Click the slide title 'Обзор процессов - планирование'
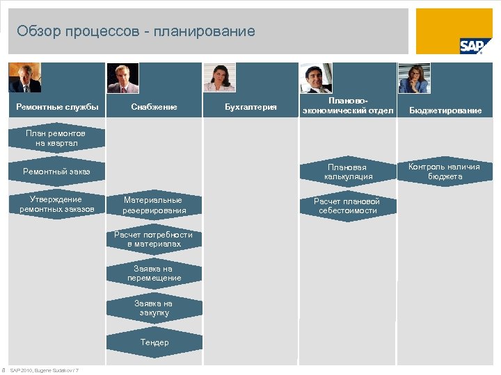(x=136, y=31)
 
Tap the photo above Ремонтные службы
(x=24, y=78)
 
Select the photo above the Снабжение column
(x=122, y=78)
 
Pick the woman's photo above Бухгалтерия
(x=220, y=78)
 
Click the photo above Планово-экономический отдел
(x=317, y=78)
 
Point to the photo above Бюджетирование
(x=413, y=78)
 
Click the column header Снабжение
(x=154, y=107)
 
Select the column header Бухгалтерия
(x=251, y=107)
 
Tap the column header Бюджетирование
(x=445, y=110)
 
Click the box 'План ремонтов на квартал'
(x=56, y=137)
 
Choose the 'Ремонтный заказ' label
(x=56, y=171)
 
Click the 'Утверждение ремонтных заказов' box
(x=56, y=204)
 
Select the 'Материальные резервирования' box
(x=154, y=205)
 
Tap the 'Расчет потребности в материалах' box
(x=154, y=239)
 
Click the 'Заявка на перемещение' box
(x=154, y=273)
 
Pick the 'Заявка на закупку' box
(x=154, y=308)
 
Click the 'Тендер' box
(x=154, y=342)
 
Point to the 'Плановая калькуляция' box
(x=348, y=172)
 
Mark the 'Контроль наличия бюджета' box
(x=444, y=171)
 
